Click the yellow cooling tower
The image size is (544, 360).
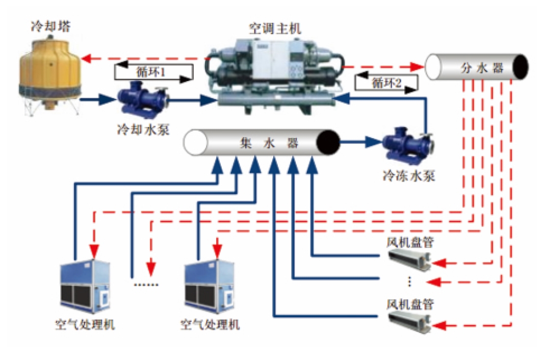point(48,71)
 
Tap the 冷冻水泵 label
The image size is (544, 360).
point(408,176)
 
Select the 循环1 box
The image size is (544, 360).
point(153,72)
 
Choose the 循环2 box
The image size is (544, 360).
point(386,83)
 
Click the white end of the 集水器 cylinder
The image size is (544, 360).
point(194,143)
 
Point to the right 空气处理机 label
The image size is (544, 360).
point(210,324)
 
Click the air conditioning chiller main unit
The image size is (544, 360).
point(276,76)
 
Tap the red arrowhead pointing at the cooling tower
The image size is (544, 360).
point(87,58)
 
